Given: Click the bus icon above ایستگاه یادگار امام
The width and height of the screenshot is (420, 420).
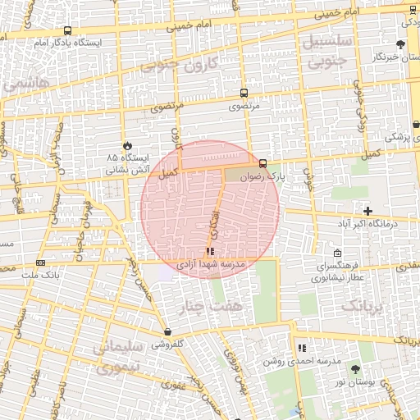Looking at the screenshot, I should coord(66,31).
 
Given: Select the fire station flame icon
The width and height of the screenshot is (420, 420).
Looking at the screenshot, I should coord(126,144).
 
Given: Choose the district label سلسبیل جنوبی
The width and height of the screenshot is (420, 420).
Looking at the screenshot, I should coord(328,49).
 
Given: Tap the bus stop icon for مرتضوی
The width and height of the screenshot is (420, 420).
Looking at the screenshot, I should coord(243,94).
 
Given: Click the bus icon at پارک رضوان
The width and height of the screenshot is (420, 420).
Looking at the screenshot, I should coord(262,163).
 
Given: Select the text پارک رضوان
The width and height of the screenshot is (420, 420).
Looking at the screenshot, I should coord(266,176).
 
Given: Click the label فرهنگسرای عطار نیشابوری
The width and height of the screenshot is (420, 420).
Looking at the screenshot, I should coord(337,272).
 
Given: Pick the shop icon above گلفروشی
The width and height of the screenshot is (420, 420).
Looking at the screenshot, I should coord(167,332).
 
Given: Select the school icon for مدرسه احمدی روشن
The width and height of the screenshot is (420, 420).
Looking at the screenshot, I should coord(301,348).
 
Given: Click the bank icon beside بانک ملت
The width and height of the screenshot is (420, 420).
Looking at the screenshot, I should coord(40,262).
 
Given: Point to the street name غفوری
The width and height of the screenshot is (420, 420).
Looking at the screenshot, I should coord(172,384).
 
